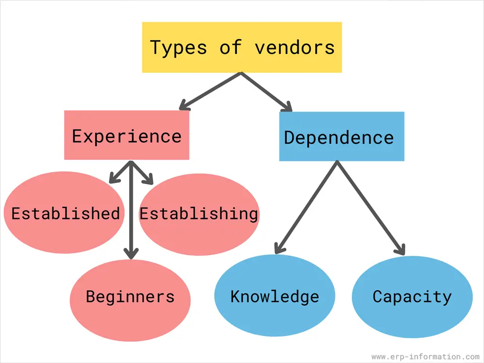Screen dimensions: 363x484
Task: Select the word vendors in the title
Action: click(294, 48)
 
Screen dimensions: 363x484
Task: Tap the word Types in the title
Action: click(178, 48)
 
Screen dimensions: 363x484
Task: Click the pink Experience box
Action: click(127, 136)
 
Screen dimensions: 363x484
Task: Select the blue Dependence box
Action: click(341, 138)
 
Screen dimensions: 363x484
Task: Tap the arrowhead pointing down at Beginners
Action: click(131, 253)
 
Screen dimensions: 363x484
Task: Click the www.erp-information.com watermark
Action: click(425, 357)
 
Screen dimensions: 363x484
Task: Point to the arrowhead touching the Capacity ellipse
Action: click(401, 249)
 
